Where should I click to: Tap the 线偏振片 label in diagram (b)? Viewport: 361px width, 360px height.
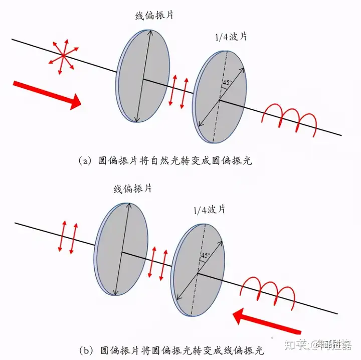132,189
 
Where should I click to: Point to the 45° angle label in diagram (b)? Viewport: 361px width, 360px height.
205,256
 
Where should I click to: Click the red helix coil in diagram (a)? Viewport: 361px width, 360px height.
289,118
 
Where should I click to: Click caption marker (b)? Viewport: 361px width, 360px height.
84,349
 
